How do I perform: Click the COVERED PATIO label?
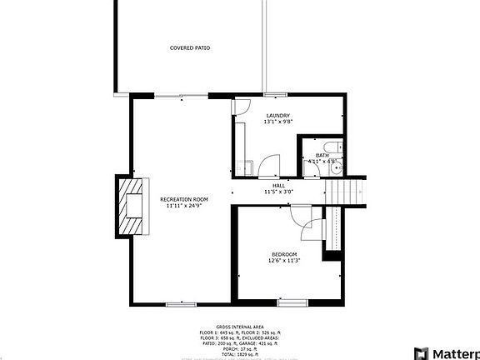coord(190,48)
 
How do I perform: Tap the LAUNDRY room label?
coord(278,115)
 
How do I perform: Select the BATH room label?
coord(322,154)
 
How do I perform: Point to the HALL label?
coord(279,185)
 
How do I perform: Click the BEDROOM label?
coord(284,253)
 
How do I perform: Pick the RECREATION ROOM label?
coord(184,199)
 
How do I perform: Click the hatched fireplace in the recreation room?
coord(131,206)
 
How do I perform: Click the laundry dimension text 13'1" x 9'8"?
coord(278,122)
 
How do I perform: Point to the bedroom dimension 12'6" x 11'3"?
coord(284,261)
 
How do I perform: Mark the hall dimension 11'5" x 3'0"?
coord(279,192)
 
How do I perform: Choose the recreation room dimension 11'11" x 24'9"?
coord(184,207)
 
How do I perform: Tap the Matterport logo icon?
coord(420,352)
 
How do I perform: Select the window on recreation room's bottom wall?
coord(181,304)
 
